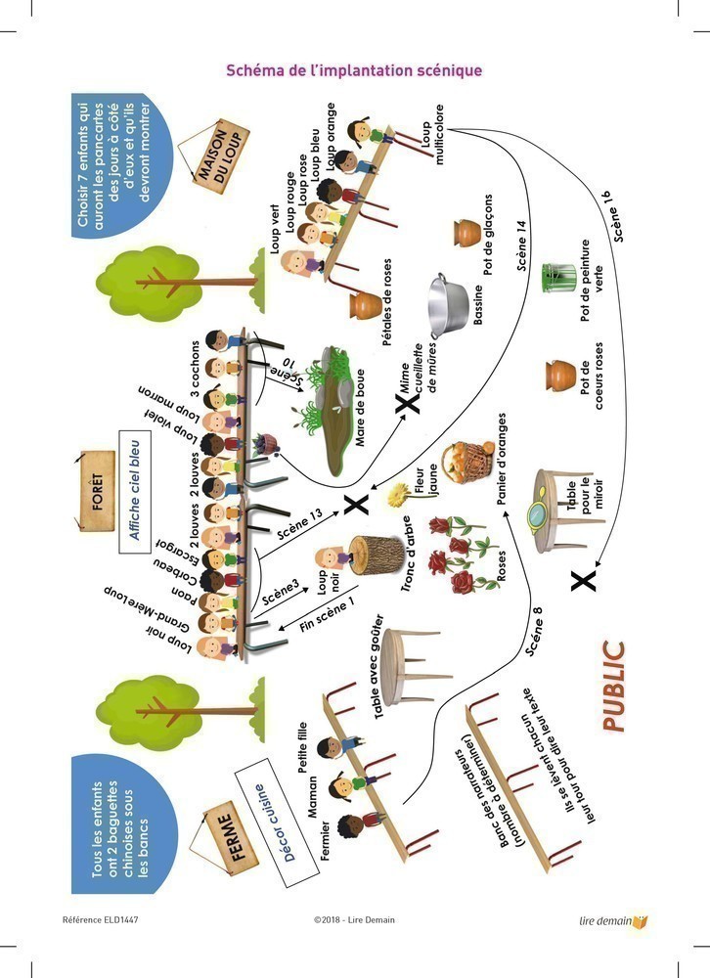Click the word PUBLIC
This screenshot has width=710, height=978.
pyautogui.click(x=612, y=686)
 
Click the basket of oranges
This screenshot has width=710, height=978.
pyautogui.click(x=463, y=467)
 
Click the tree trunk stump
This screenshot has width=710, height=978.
pyautogui.click(x=377, y=561)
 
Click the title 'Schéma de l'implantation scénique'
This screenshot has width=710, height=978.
pyautogui.click(x=354, y=70)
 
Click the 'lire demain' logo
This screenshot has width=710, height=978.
pyautogui.click(x=613, y=920)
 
